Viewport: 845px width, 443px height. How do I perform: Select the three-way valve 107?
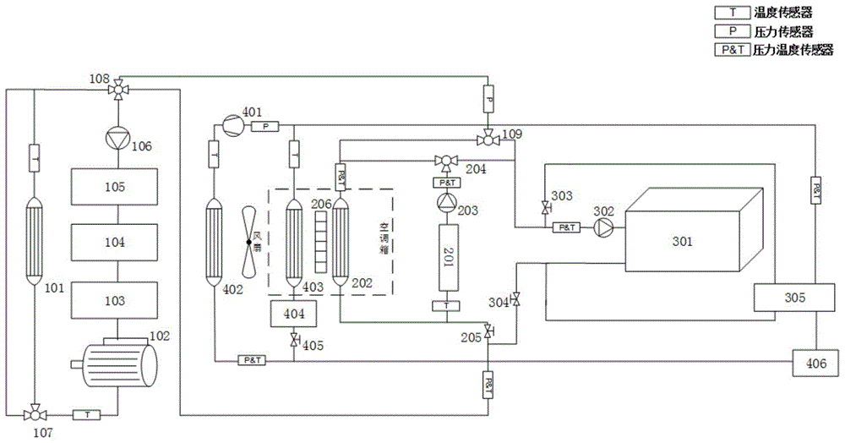(35, 413)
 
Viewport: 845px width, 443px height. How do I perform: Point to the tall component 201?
(446, 256)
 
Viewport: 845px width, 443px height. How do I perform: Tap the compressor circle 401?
(229, 124)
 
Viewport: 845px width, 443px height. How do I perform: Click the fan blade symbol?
(248, 242)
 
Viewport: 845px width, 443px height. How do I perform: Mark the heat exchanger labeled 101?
(34, 240)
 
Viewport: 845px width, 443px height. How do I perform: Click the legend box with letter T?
(727, 13)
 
